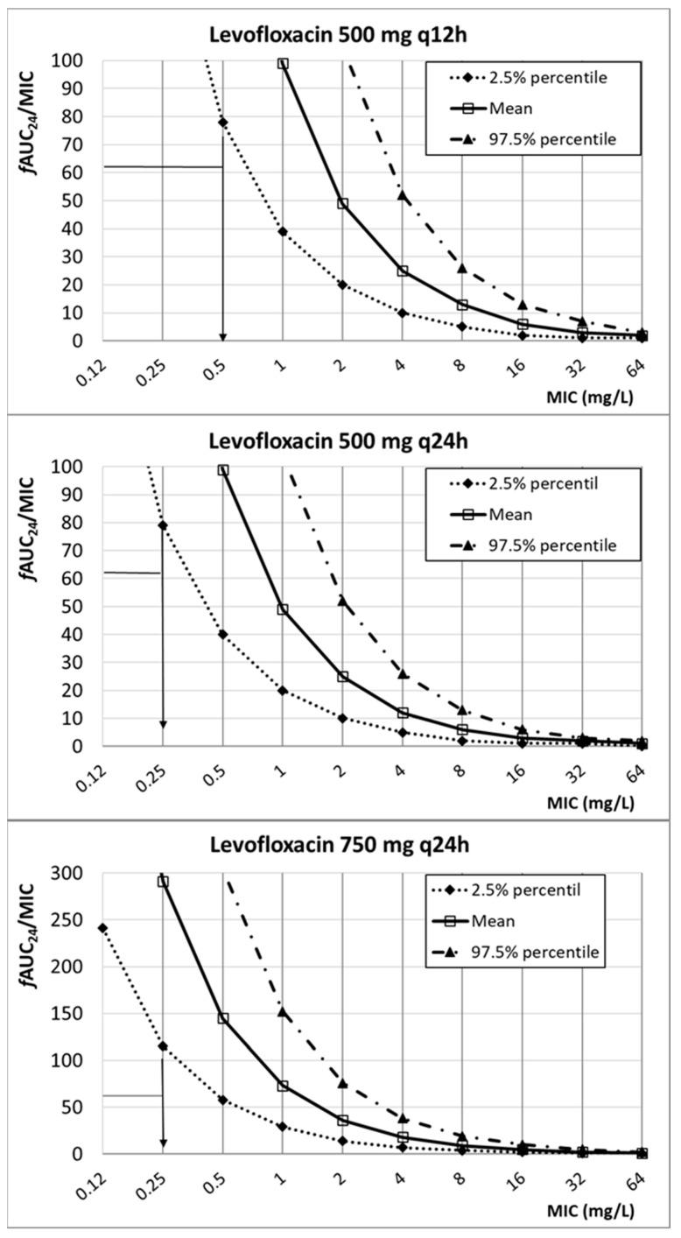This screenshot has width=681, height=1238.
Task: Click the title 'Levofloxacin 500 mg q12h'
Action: click(340, 36)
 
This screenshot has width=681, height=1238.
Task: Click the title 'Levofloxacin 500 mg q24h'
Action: click(340, 441)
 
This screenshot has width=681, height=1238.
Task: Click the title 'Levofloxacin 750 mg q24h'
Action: click(340, 848)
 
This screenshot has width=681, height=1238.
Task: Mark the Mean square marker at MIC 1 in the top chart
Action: click(283, 63)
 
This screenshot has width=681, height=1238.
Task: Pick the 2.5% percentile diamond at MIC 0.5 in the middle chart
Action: click(222, 634)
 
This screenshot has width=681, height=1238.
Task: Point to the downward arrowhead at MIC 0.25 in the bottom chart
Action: click(163, 1143)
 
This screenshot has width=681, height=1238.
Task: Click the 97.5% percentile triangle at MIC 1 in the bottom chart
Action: click(283, 1011)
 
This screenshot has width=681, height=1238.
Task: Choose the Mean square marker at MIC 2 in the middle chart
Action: click(342, 676)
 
